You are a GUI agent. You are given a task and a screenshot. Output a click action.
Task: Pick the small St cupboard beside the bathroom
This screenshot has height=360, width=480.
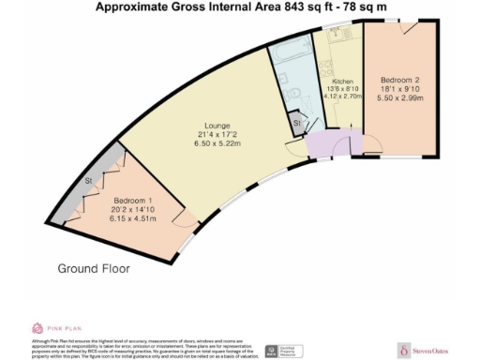[x=296, y=123]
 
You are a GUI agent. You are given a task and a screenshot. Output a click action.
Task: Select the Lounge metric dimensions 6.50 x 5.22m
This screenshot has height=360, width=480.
[x=215, y=143]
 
